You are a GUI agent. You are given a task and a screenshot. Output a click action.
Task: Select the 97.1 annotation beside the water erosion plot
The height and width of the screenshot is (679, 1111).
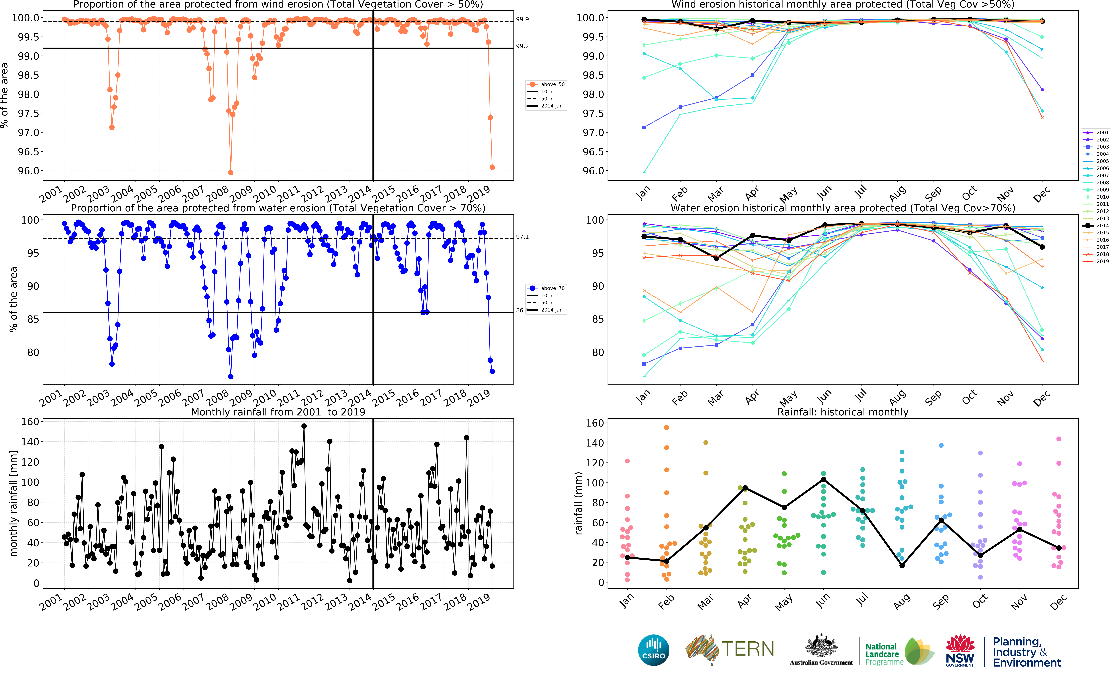pos(522,237)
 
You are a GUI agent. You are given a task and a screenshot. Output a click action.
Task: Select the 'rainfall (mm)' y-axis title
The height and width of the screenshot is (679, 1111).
pos(578,503)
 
